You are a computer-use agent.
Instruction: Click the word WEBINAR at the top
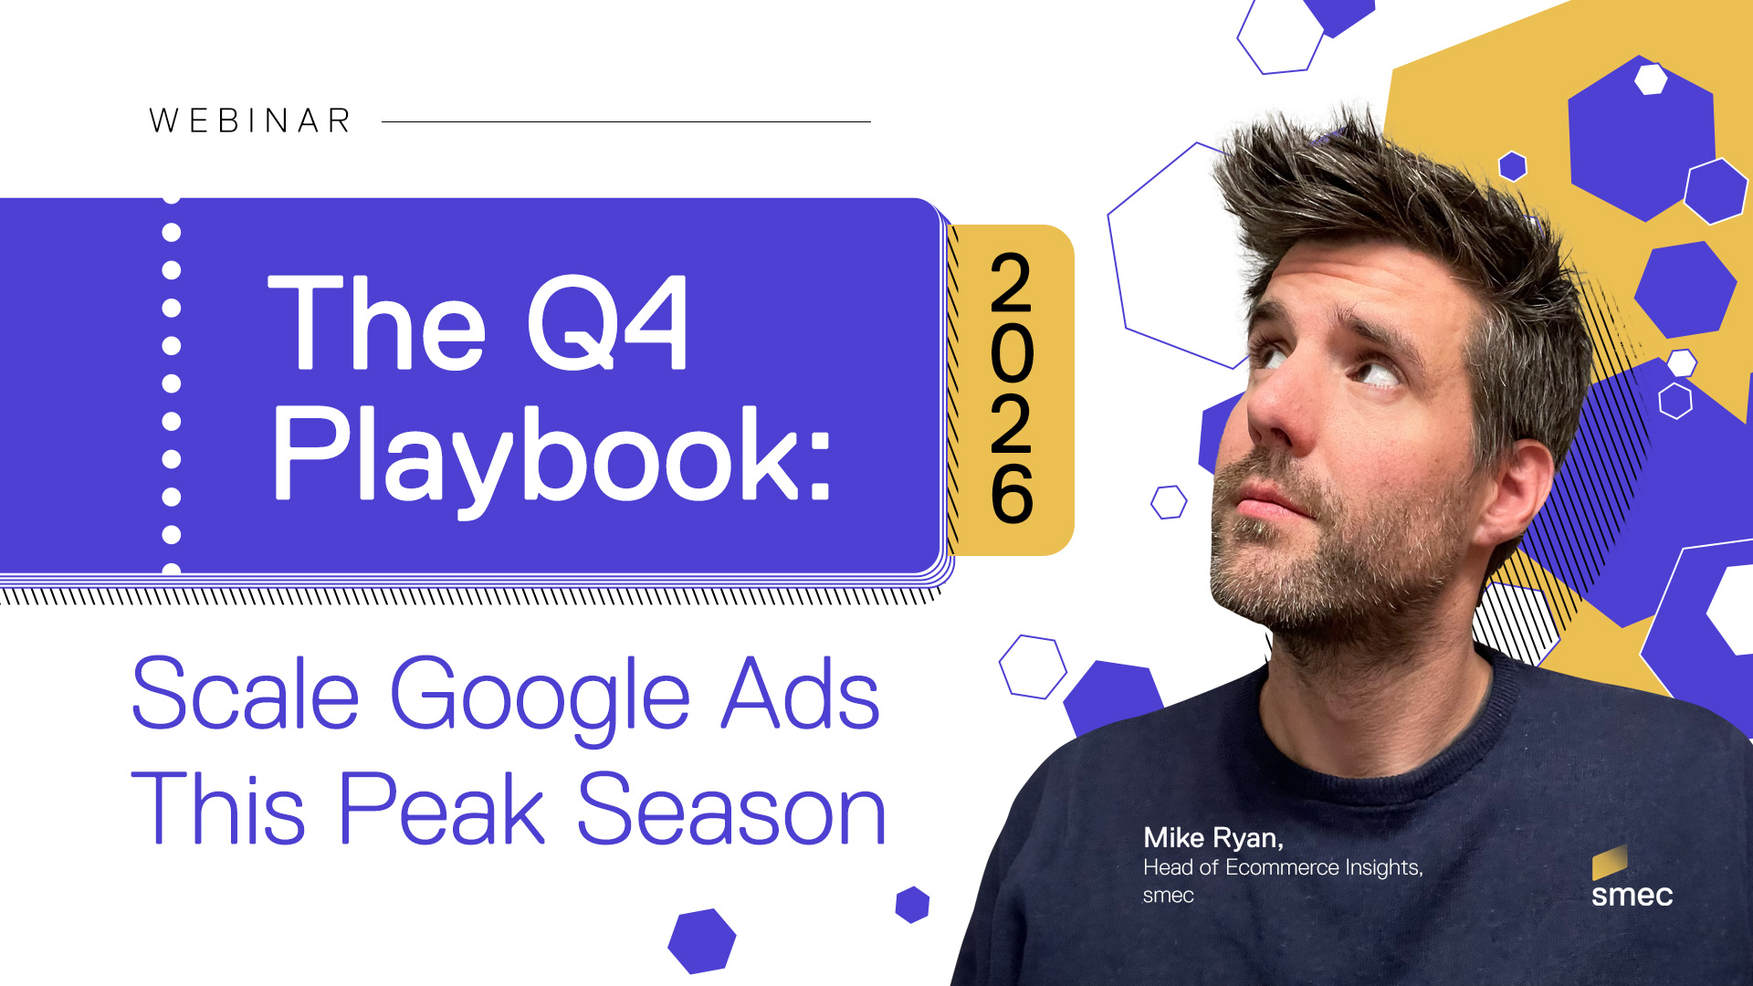(250, 121)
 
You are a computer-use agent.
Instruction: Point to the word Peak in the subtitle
(442, 808)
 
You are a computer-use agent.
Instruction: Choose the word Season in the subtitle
(731, 809)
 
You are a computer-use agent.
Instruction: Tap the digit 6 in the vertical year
(1012, 494)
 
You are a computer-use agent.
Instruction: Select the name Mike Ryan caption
(1213, 838)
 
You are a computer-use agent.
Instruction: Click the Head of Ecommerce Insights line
(1283, 867)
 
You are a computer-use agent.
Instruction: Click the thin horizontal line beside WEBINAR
(626, 121)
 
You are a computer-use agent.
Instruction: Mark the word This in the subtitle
(218, 808)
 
